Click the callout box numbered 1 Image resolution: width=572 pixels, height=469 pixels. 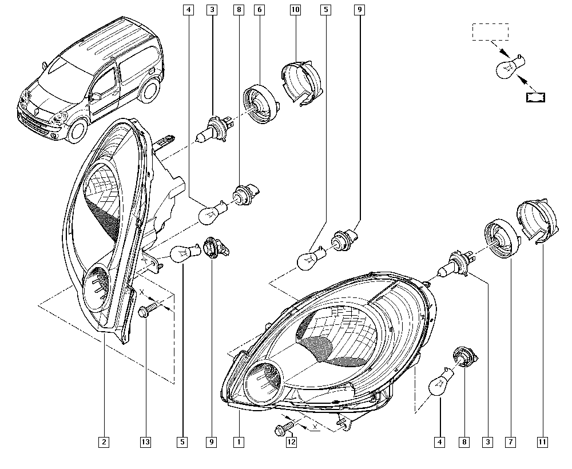click(x=239, y=442)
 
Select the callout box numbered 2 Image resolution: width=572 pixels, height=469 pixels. click(x=104, y=442)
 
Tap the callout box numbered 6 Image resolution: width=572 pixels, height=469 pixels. click(x=260, y=10)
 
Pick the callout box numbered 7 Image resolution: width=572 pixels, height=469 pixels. click(x=509, y=442)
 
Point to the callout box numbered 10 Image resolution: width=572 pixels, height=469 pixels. click(x=295, y=10)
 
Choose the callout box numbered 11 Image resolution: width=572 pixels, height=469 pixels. click(x=541, y=442)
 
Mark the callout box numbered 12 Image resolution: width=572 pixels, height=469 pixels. click(x=291, y=442)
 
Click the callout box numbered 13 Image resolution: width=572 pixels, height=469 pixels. click(x=146, y=442)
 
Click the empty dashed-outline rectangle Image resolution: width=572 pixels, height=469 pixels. click(x=490, y=32)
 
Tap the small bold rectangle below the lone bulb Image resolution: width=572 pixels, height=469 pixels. click(x=536, y=97)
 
